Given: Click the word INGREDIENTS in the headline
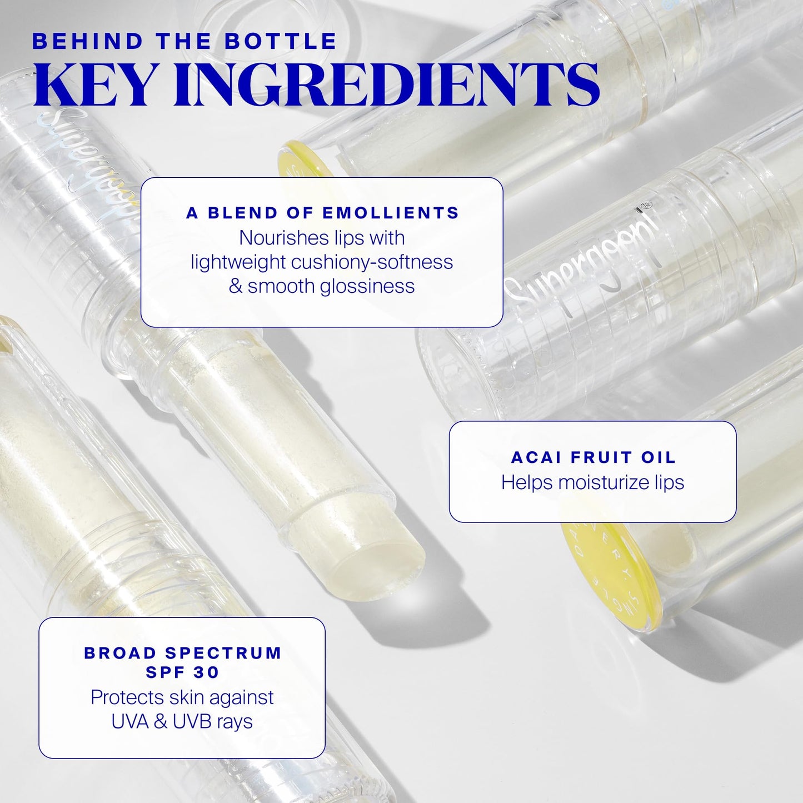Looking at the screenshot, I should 388,84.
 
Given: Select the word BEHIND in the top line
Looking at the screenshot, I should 88,42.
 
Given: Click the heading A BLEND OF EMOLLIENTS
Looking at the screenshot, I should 322,213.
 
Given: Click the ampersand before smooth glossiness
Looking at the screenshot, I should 235,286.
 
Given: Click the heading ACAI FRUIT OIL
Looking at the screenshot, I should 593,457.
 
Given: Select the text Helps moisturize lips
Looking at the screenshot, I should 592,482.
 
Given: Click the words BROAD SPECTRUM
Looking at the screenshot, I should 182,652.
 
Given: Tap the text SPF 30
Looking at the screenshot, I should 182,672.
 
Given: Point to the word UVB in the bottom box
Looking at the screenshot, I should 191,721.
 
